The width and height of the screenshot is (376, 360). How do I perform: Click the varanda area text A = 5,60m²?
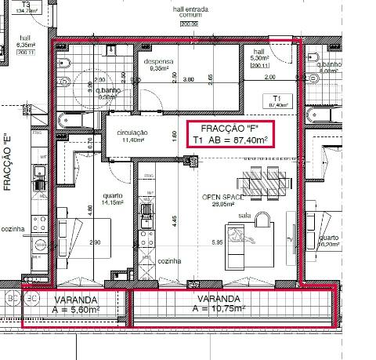76,310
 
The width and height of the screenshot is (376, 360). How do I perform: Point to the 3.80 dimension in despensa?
188,79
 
